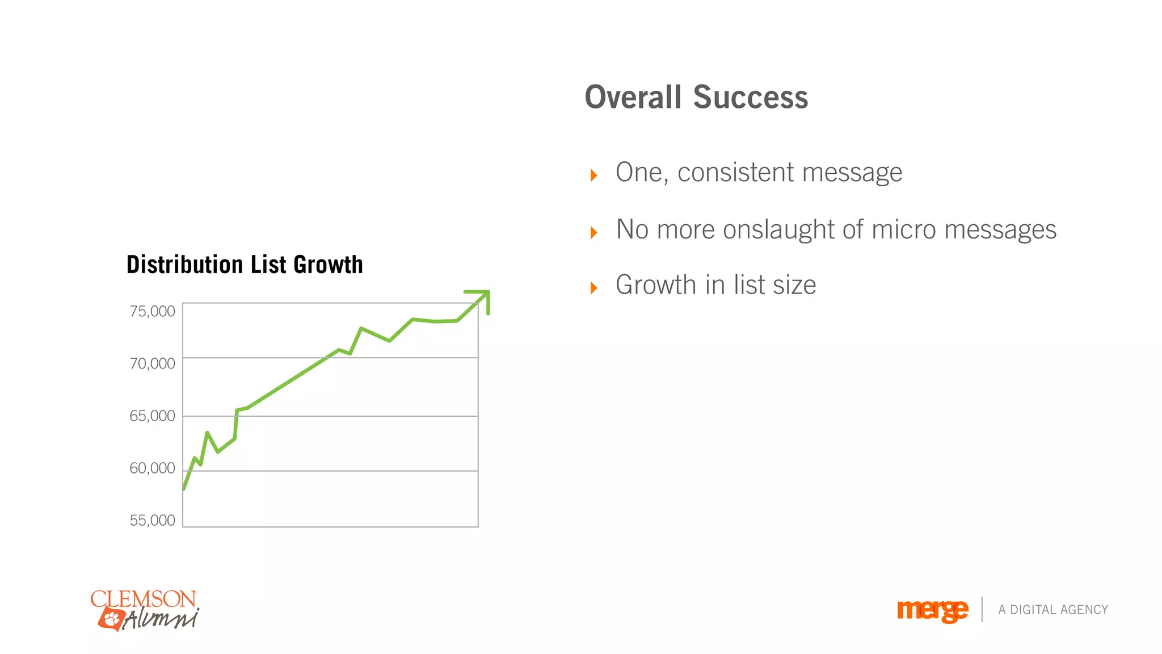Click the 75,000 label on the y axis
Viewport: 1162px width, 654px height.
[x=152, y=312]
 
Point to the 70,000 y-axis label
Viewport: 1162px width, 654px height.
[x=152, y=364]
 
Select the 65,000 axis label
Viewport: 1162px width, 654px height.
[x=152, y=416]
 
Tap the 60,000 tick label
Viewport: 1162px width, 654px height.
[x=152, y=468]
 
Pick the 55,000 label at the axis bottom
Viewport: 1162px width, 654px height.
[x=152, y=521]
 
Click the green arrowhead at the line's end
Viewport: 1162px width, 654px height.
[x=482, y=297]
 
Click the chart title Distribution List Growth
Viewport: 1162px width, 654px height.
[x=245, y=265]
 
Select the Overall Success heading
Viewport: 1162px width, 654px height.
[x=696, y=98]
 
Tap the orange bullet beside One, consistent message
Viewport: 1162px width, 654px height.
[x=594, y=175]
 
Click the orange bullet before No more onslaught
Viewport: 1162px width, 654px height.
[x=594, y=232]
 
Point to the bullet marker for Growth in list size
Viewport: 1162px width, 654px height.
[x=594, y=288]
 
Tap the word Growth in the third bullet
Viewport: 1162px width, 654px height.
[x=655, y=285]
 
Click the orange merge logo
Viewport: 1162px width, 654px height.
[x=932, y=610]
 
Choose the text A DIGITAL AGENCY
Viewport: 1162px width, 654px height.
[x=1053, y=610]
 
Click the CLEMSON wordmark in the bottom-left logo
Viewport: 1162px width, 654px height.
[x=144, y=599]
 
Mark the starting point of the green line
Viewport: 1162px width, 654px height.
[x=184, y=489]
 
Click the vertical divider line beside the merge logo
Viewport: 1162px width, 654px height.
[x=982, y=610]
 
